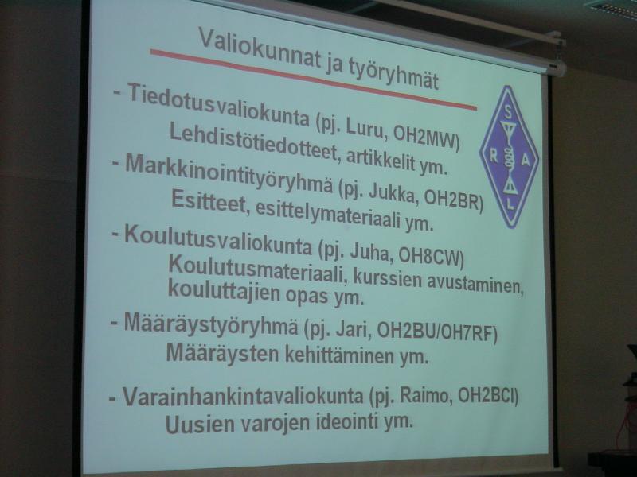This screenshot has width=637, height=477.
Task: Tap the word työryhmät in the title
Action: pyautogui.click(x=394, y=74)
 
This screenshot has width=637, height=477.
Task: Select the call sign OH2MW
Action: pyautogui.click(x=427, y=138)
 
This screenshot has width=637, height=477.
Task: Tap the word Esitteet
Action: pyautogui.click(x=208, y=202)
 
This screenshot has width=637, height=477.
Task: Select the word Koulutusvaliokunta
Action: pyautogui.click(x=218, y=241)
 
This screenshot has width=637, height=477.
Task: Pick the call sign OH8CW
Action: pyautogui.click(x=432, y=257)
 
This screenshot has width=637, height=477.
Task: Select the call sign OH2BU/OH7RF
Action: pyautogui.click(x=437, y=333)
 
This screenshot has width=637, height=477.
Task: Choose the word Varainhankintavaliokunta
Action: pyautogui.click(x=243, y=397)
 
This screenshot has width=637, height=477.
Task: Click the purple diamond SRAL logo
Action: pyautogui.click(x=510, y=157)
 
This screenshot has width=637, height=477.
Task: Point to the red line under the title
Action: pyautogui.click(x=314, y=79)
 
